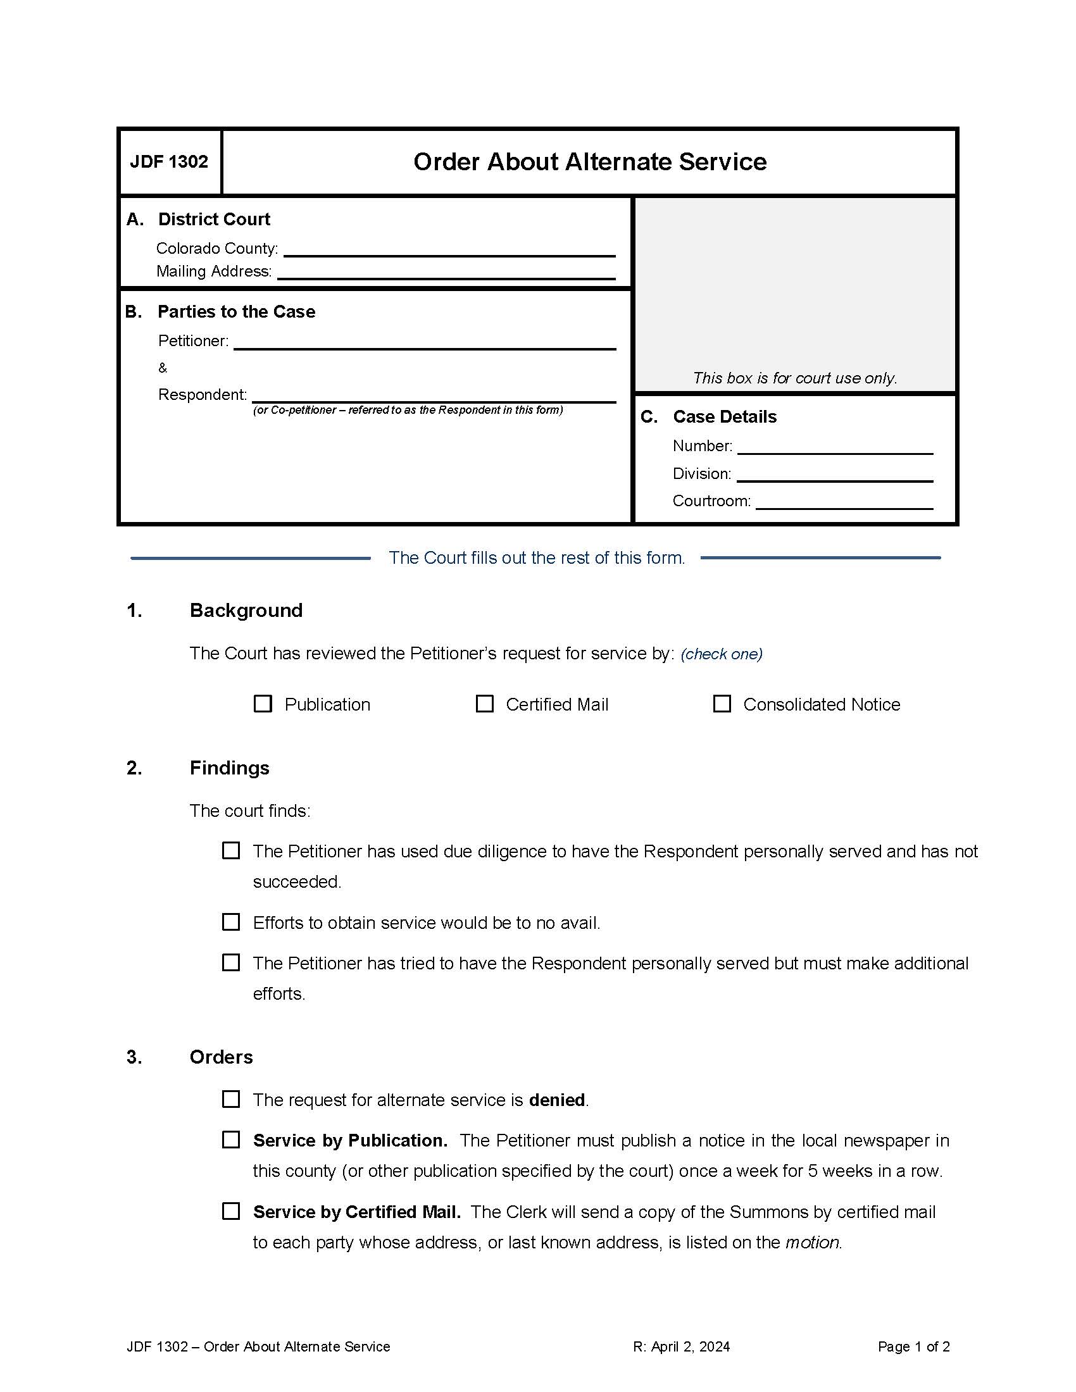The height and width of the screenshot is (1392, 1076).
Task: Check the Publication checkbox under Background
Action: pyautogui.click(x=263, y=704)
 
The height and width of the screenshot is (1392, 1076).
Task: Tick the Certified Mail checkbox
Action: pyautogui.click(x=484, y=704)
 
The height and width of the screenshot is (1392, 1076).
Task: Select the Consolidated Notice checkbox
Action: pyautogui.click(x=722, y=704)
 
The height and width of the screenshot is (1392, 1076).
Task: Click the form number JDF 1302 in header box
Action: pyautogui.click(x=169, y=162)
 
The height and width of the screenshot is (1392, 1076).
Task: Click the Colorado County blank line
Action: pyautogui.click(x=449, y=250)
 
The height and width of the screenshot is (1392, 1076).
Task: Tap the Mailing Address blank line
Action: pyautogui.click(x=446, y=273)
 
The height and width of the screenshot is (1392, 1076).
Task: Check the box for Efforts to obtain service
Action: pyautogui.click(x=231, y=923)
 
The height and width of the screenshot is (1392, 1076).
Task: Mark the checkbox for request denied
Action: pyautogui.click(x=231, y=1100)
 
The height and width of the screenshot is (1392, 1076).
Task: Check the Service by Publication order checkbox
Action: pyautogui.click(x=231, y=1140)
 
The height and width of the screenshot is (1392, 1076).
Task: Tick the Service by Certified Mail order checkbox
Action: pyautogui.click(x=231, y=1211)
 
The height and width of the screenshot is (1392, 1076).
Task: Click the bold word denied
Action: pyautogui.click(x=556, y=1100)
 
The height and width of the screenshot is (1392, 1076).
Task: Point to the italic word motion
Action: pyautogui.click(x=812, y=1242)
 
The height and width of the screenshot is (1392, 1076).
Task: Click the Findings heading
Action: pyautogui.click(x=230, y=768)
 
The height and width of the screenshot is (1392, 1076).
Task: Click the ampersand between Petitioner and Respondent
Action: pyautogui.click(x=163, y=368)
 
